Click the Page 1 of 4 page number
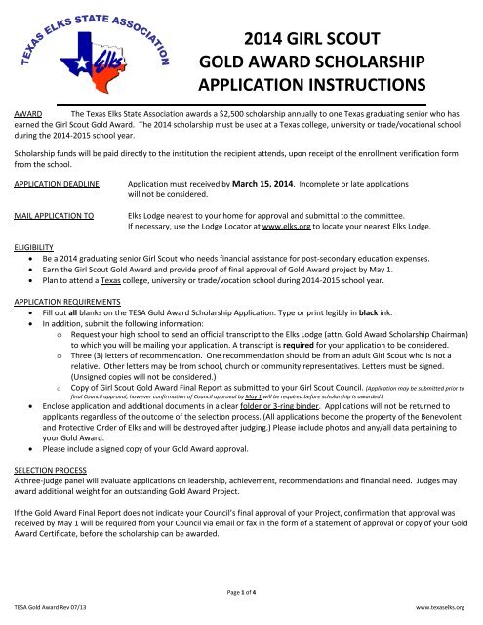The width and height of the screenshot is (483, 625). (x=241, y=593)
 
